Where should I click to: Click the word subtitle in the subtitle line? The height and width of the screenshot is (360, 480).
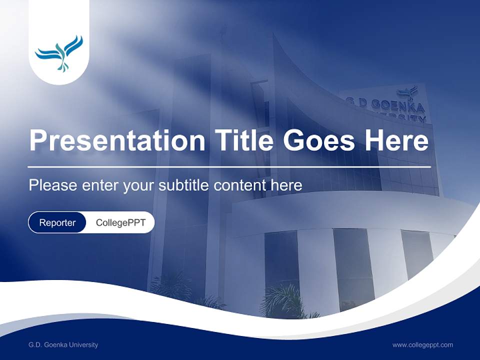tap(185, 185)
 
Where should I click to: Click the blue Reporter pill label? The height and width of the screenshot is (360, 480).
tap(57, 222)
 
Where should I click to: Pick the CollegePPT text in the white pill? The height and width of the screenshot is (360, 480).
tap(120, 222)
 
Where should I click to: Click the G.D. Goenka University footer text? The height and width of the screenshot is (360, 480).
tap(63, 345)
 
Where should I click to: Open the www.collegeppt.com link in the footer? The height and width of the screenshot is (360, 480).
tap(422, 345)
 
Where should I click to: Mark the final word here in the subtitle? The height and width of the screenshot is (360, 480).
tap(286, 185)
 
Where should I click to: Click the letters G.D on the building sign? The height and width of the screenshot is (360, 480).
tap(358, 101)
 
